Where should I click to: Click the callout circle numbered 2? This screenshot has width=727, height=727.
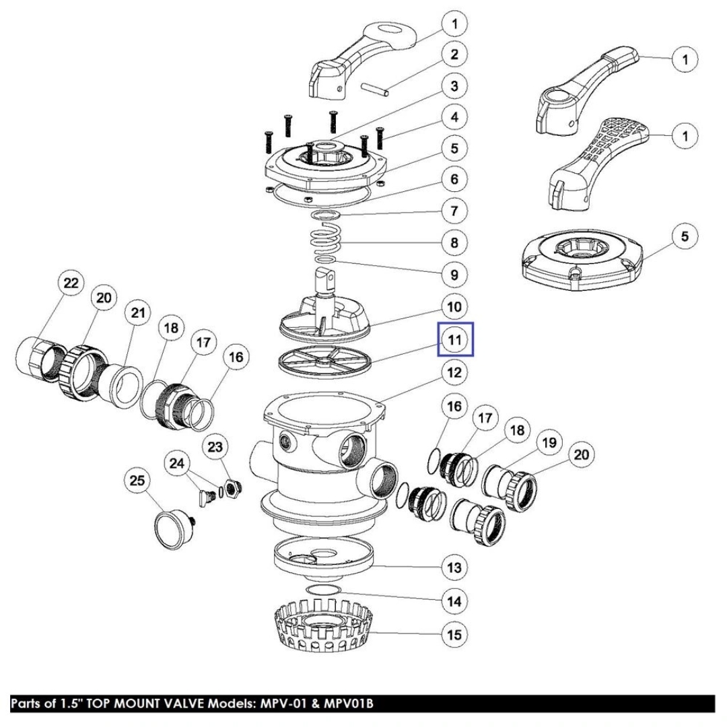tap(454, 55)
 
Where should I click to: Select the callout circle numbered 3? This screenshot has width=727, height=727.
tap(454, 86)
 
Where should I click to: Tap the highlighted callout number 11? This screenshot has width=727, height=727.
tap(455, 339)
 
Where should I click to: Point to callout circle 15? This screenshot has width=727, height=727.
tap(454, 633)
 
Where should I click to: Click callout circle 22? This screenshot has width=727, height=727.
tap(70, 283)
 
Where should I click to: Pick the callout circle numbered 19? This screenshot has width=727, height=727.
tap(549, 443)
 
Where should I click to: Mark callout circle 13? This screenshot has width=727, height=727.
tap(454, 567)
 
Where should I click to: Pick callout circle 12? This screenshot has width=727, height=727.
tap(454, 372)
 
